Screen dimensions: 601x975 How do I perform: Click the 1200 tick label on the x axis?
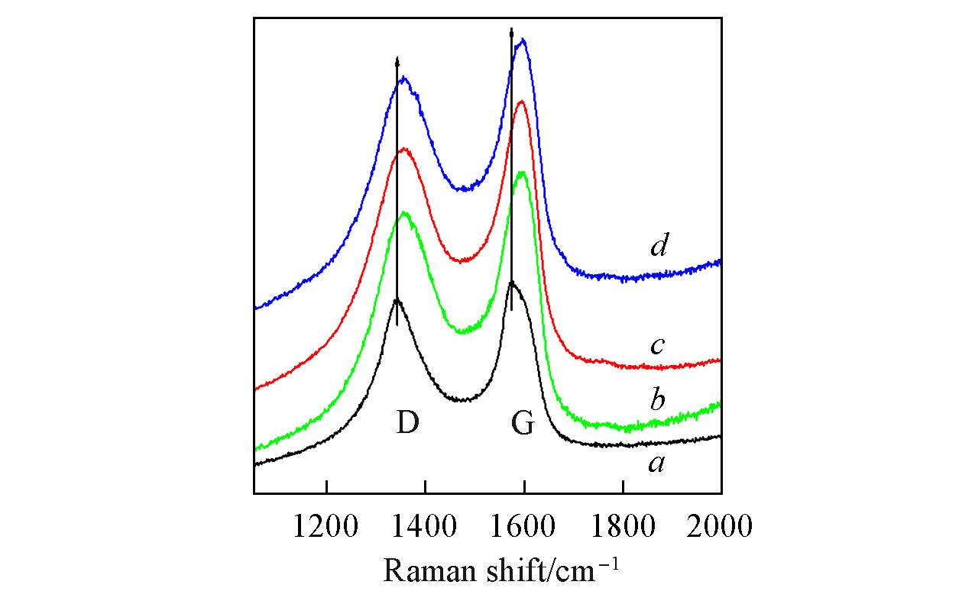(x=326, y=526)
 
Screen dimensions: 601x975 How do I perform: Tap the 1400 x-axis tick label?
(x=425, y=526)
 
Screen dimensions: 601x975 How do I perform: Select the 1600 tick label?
(x=523, y=526)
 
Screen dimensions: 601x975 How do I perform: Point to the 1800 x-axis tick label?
(x=622, y=526)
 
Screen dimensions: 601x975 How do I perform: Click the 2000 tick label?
(x=720, y=526)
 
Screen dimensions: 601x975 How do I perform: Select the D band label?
(x=407, y=423)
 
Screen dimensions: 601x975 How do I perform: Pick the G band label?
(x=523, y=423)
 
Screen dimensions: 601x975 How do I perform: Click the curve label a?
(x=656, y=463)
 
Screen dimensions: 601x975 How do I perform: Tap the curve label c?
(x=656, y=346)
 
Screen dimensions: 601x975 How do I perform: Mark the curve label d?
(x=659, y=246)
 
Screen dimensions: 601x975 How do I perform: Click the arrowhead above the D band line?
(x=397, y=61)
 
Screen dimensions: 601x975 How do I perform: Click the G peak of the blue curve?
(x=523, y=40)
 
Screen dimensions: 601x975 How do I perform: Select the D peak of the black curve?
(x=397, y=300)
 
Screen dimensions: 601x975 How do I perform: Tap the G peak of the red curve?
(x=522, y=102)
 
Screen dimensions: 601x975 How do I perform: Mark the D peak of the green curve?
(x=404, y=213)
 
